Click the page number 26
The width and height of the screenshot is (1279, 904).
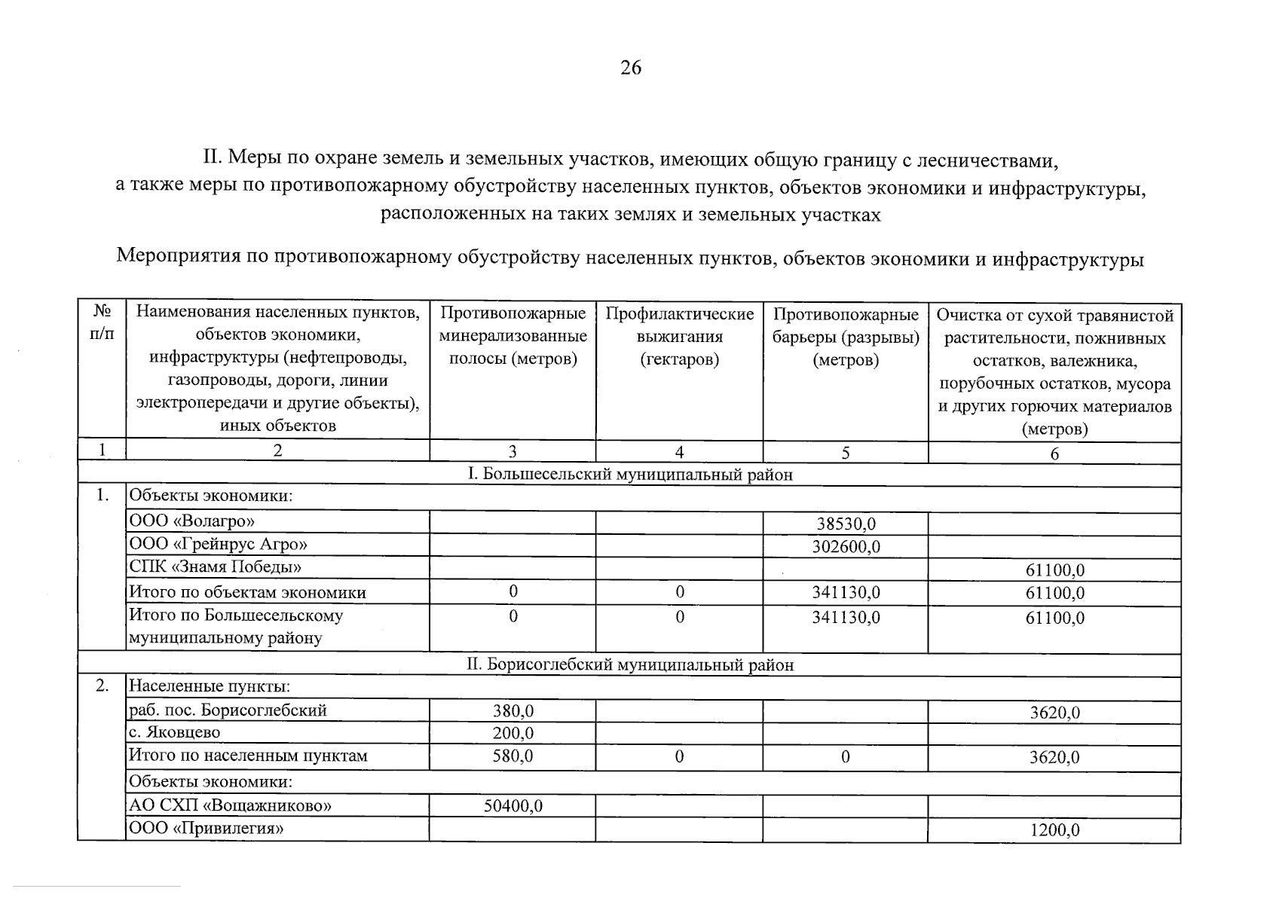pyautogui.click(x=631, y=68)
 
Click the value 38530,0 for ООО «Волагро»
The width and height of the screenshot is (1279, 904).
pyautogui.click(x=846, y=524)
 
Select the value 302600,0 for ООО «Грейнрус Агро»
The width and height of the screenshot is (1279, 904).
pyautogui.click(x=846, y=547)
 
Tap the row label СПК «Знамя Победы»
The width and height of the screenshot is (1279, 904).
pyautogui.click(x=216, y=567)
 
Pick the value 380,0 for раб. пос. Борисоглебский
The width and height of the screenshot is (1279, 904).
pyautogui.click(x=513, y=710)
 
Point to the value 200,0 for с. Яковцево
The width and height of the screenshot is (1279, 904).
pyautogui.click(x=513, y=733)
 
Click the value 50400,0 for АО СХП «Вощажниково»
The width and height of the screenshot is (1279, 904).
pyautogui.click(x=513, y=806)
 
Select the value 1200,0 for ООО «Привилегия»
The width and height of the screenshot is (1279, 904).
pyautogui.click(x=1054, y=830)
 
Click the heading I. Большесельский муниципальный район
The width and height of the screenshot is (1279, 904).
pyautogui.click(x=630, y=475)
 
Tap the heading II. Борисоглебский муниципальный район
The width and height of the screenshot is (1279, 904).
pyautogui.click(x=630, y=665)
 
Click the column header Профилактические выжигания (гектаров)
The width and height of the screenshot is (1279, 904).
pyautogui.click(x=679, y=336)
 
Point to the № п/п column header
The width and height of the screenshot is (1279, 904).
pyautogui.click(x=102, y=322)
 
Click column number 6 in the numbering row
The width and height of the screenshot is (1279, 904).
pyautogui.click(x=1054, y=453)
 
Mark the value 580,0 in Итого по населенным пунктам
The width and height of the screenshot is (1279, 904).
pyautogui.click(x=513, y=756)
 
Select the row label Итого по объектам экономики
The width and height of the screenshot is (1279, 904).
pyautogui.click(x=248, y=592)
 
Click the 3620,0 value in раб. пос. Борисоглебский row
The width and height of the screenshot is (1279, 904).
pyautogui.click(x=1054, y=713)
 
